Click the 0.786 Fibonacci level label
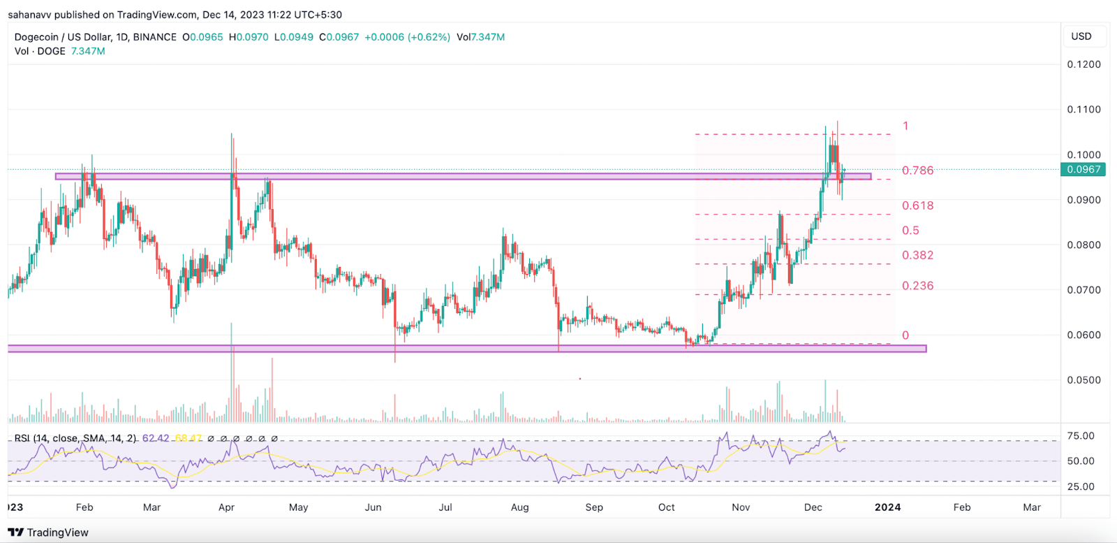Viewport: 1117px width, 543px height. click(917, 171)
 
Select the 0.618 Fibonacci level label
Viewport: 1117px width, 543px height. click(917, 205)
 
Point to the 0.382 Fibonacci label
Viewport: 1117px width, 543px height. click(917, 255)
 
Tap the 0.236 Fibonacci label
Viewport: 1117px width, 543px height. click(917, 286)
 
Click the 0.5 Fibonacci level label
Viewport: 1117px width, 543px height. click(910, 231)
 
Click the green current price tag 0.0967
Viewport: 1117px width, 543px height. click(1083, 169)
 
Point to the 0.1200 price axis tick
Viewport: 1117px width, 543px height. click(1083, 64)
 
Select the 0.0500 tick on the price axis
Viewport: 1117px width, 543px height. click(1083, 380)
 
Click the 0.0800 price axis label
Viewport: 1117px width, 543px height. click(1083, 245)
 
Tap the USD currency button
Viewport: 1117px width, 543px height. click(1081, 36)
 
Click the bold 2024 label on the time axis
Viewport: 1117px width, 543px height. click(887, 507)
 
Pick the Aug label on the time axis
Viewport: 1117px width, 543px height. click(519, 507)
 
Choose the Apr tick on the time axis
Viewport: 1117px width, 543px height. click(226, 507)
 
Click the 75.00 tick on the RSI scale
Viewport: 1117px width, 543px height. click(1081, 436)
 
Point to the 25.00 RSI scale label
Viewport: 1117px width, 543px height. click(1081, 486)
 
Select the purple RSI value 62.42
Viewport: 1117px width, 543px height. click(156, 438)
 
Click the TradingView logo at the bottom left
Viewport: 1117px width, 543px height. click(48, 533)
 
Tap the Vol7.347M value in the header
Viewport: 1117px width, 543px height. click(480, 37)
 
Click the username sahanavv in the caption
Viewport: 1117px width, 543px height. click(30, 15)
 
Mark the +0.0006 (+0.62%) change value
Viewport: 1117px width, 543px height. click(407, 37)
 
